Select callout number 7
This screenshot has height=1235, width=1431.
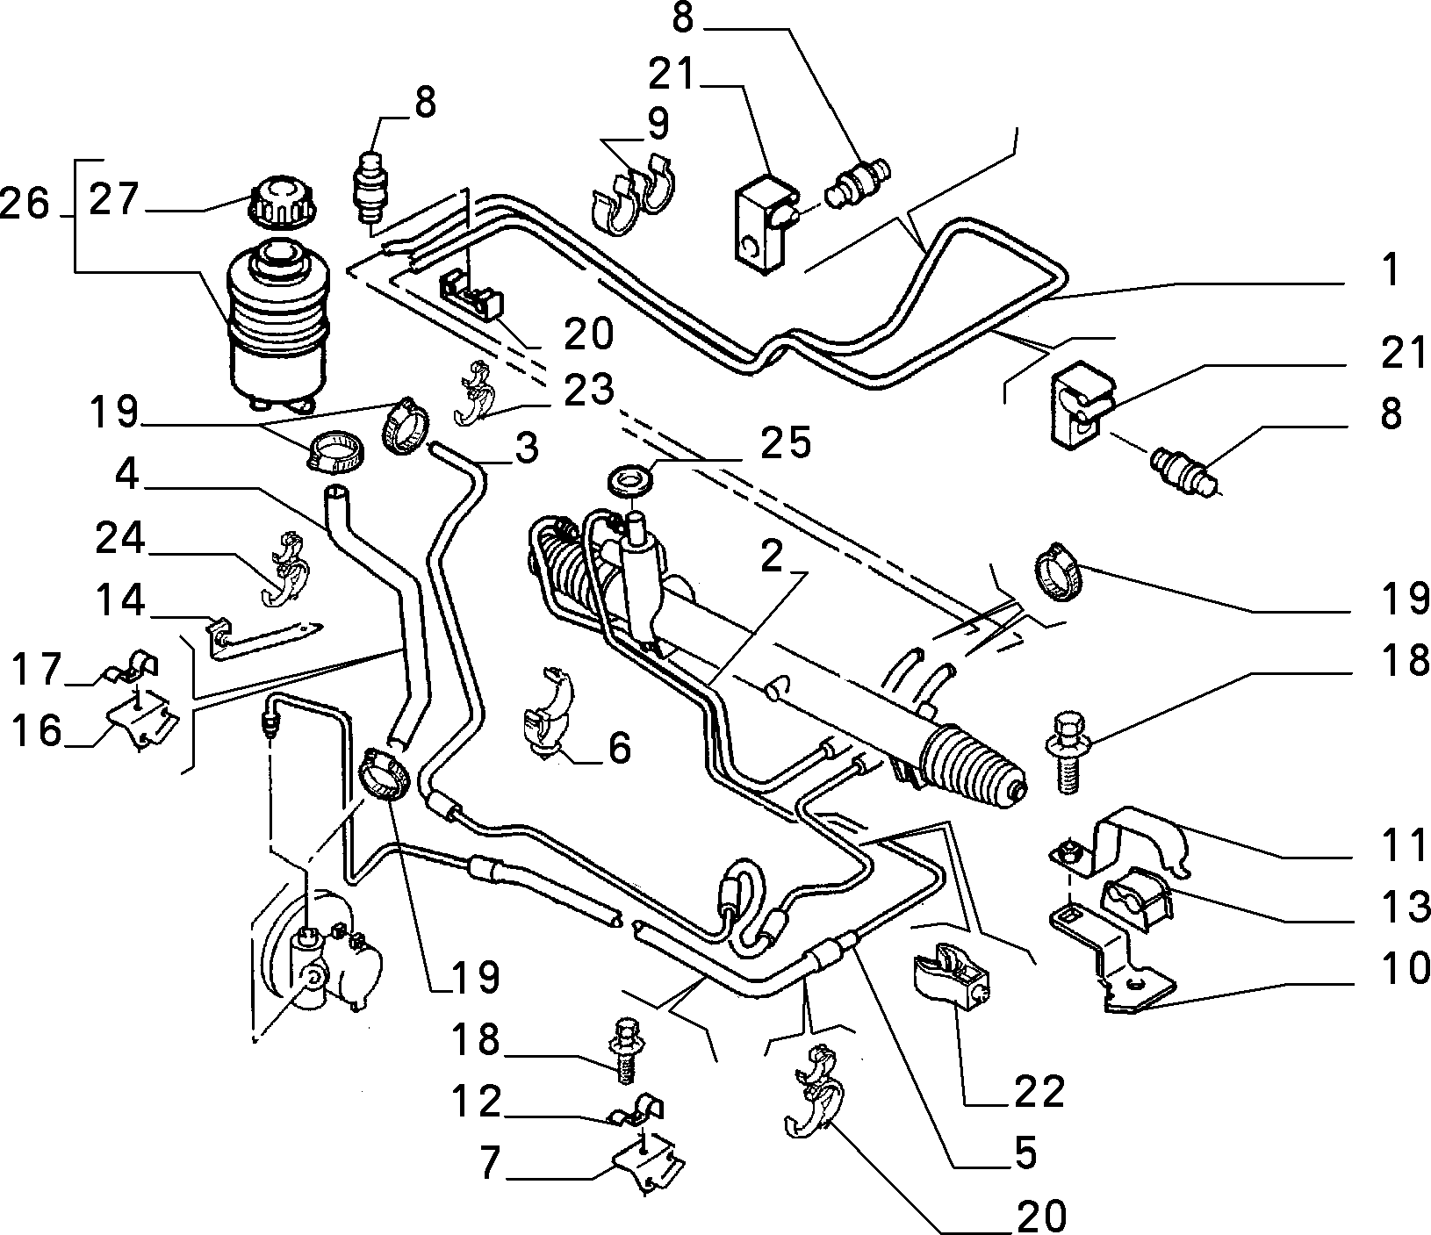coord(488,1165)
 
